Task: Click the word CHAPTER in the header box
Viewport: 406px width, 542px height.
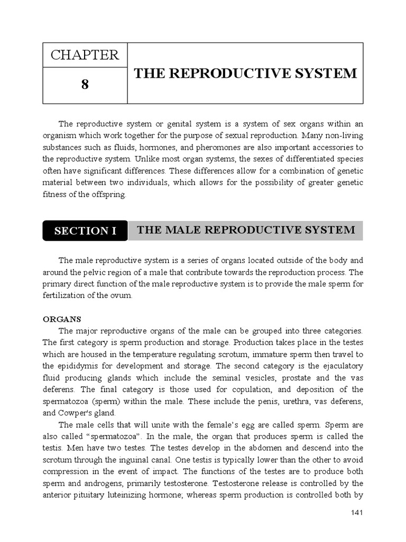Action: pos(85,55)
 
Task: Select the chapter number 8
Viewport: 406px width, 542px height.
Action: pos(85,85)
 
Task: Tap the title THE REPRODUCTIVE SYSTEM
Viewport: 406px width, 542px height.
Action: pos(245,74)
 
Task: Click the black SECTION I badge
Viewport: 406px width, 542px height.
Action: pos(85,231)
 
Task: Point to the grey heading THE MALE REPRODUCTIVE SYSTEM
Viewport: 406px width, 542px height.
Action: pos(246,230)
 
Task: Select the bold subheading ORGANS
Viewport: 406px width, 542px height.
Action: pos(61,319)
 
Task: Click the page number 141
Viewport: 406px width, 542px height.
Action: pos(357,513)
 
